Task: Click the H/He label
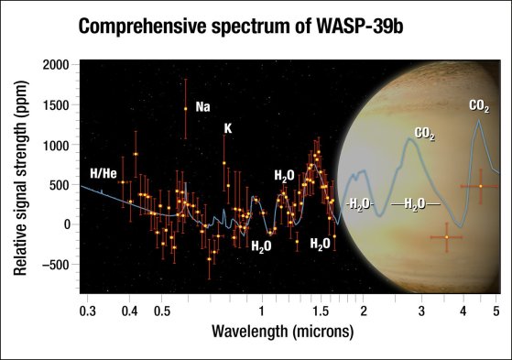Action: [x=103, y=173]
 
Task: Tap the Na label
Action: [x=203, y=107]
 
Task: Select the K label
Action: [x=228, y=129]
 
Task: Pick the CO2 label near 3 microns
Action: [x=424, y=134]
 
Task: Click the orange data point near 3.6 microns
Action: [x=446, y=237]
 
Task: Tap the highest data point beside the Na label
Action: [x=186, y=108]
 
